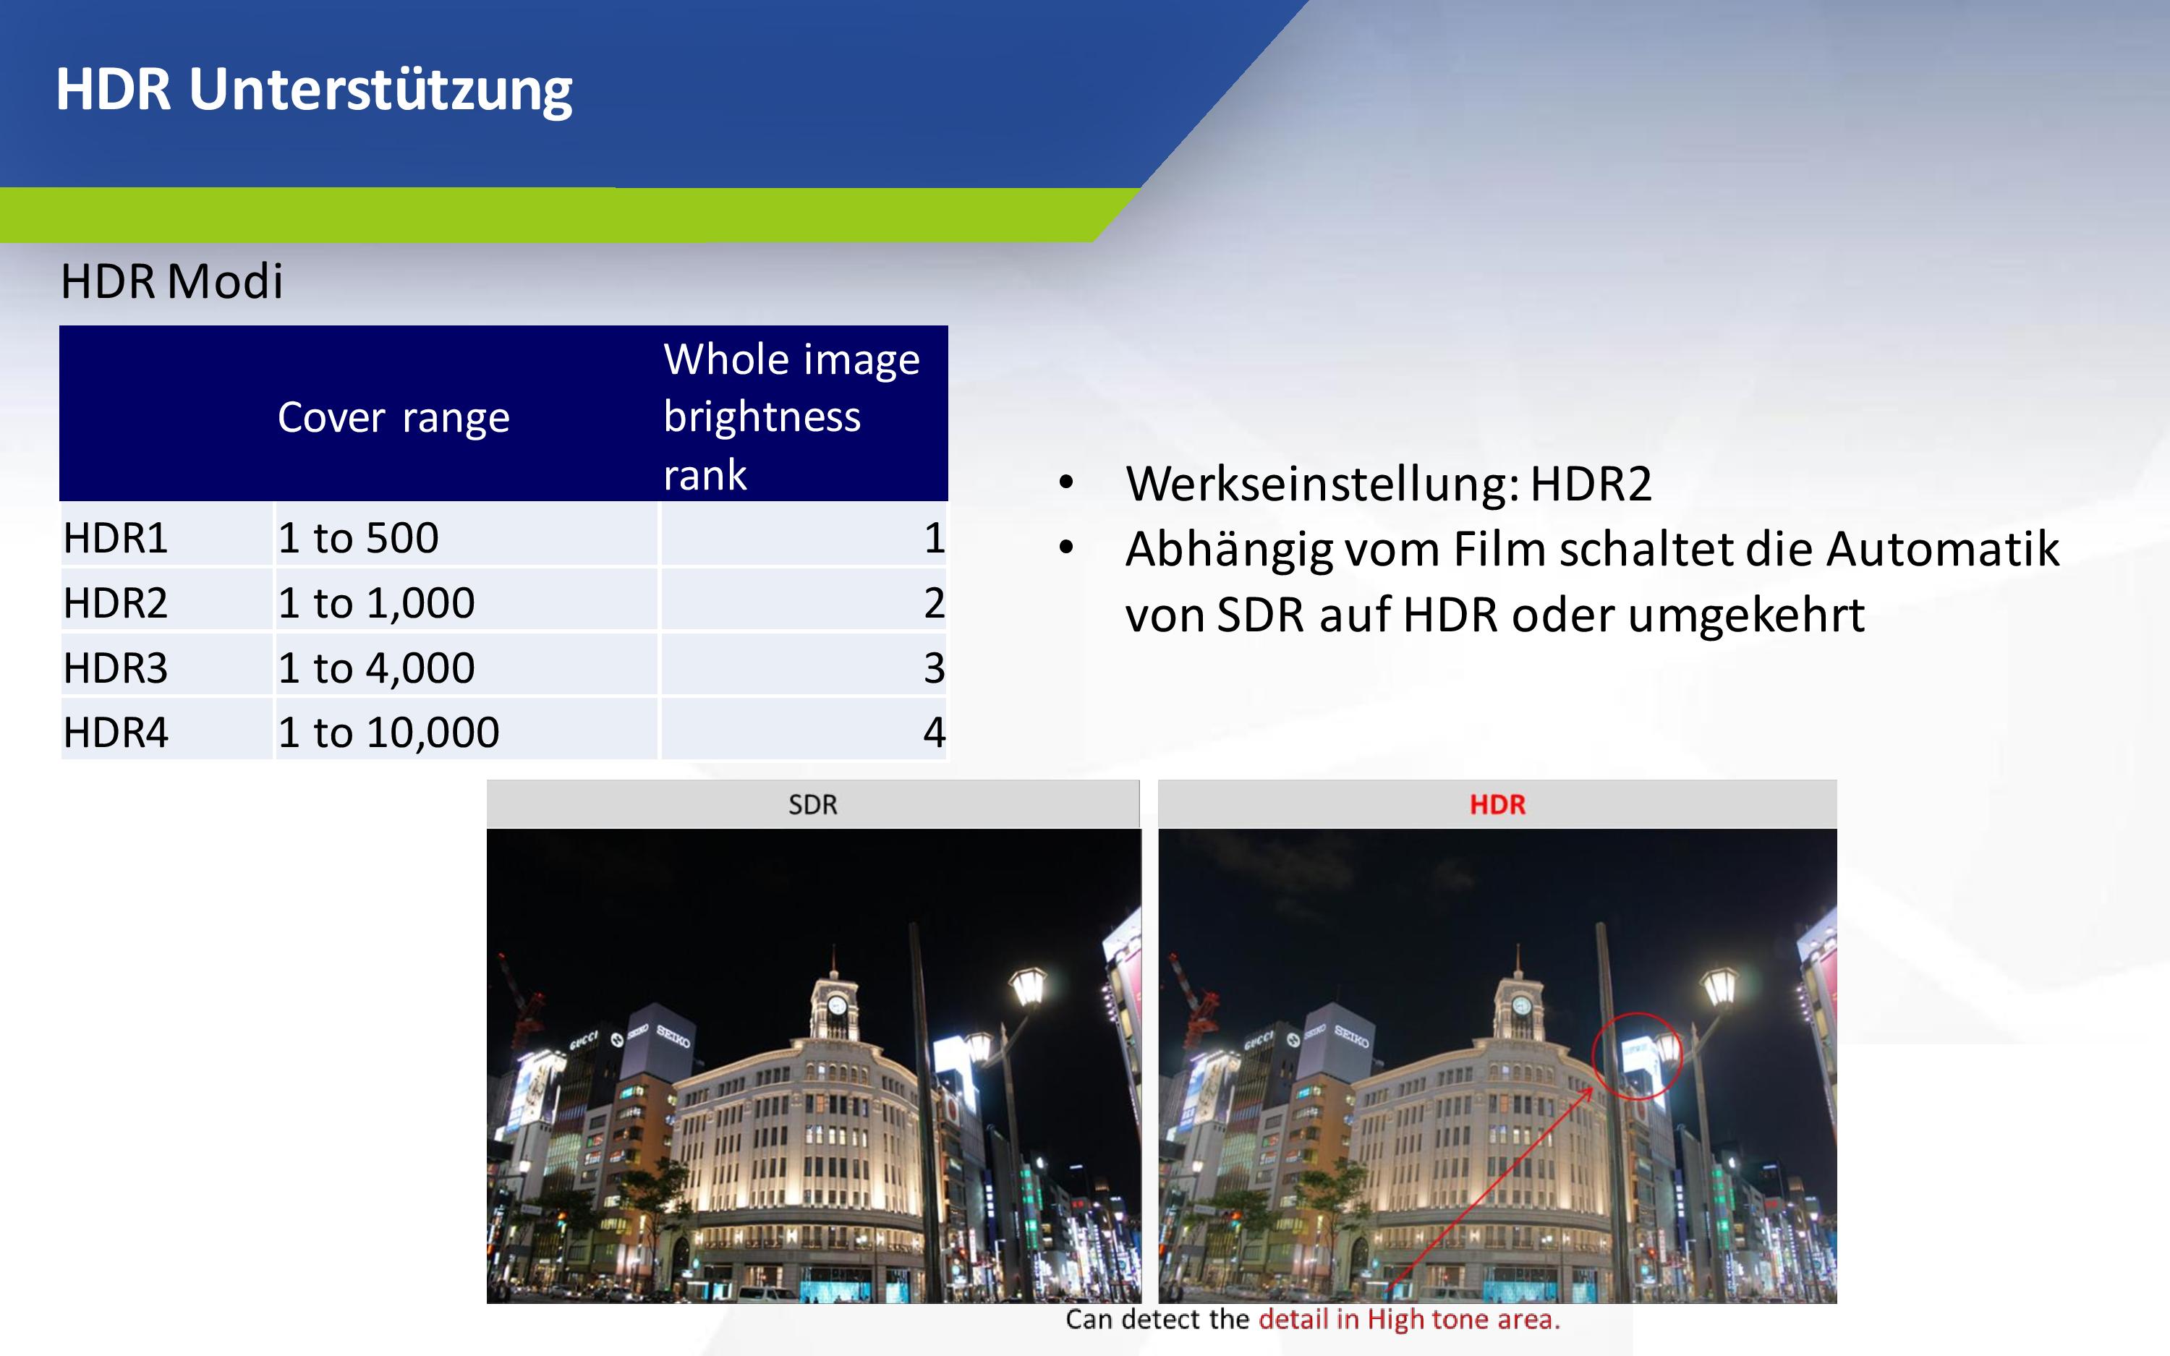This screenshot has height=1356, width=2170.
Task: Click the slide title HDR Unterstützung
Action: pyautogui.click(x=314, y=90)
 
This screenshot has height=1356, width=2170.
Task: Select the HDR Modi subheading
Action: pyautogui.click(x=172, y=281)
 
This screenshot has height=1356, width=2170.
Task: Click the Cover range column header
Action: pyautogui.click(x=393, y=418)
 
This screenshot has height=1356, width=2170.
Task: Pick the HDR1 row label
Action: pyautogui.click(x=116, y=538)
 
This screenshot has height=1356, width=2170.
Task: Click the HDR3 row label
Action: pyautogui.click(x=116, y=668)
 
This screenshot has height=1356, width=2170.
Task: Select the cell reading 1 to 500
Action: pyautogui.click(x=359, y=538)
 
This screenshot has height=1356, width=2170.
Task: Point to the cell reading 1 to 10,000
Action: pyautogui.click(x=389, y=733)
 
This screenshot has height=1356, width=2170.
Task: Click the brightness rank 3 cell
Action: pyautogui.click(x=935, y=668)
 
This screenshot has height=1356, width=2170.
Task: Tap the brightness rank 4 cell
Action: pyautogui.click(x=935, y=733)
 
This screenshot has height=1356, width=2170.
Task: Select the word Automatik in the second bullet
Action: pyautogui.click(x=1943, y=549)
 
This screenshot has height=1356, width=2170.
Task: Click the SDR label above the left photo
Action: pyautogui.click(x=813, y=804)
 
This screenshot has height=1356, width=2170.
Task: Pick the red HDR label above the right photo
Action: pyautogui.click(x=1497, y=804)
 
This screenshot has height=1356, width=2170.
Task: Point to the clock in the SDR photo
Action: pyautogui.click(x=837, y=1005)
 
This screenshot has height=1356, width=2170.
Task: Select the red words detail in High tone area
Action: pyautogui.click(x=1410, y=1319)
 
